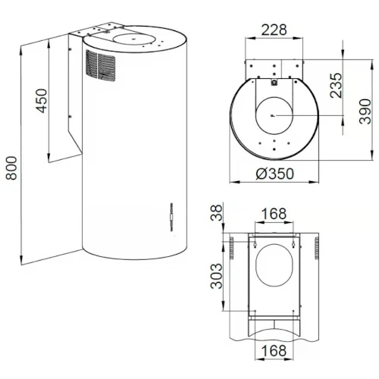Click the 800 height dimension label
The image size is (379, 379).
(11, 168)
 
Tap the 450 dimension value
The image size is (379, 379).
(41, 101)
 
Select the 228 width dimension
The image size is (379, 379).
(274, 30)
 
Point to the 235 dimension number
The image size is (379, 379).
(336, 86)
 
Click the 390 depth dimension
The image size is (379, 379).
(365, 111)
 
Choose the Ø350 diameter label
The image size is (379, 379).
(275, 174)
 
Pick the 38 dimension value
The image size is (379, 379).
(217, 213)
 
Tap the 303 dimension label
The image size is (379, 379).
(217, 276)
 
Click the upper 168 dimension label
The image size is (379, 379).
(274, 214)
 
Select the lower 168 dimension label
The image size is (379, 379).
(274, 351)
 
